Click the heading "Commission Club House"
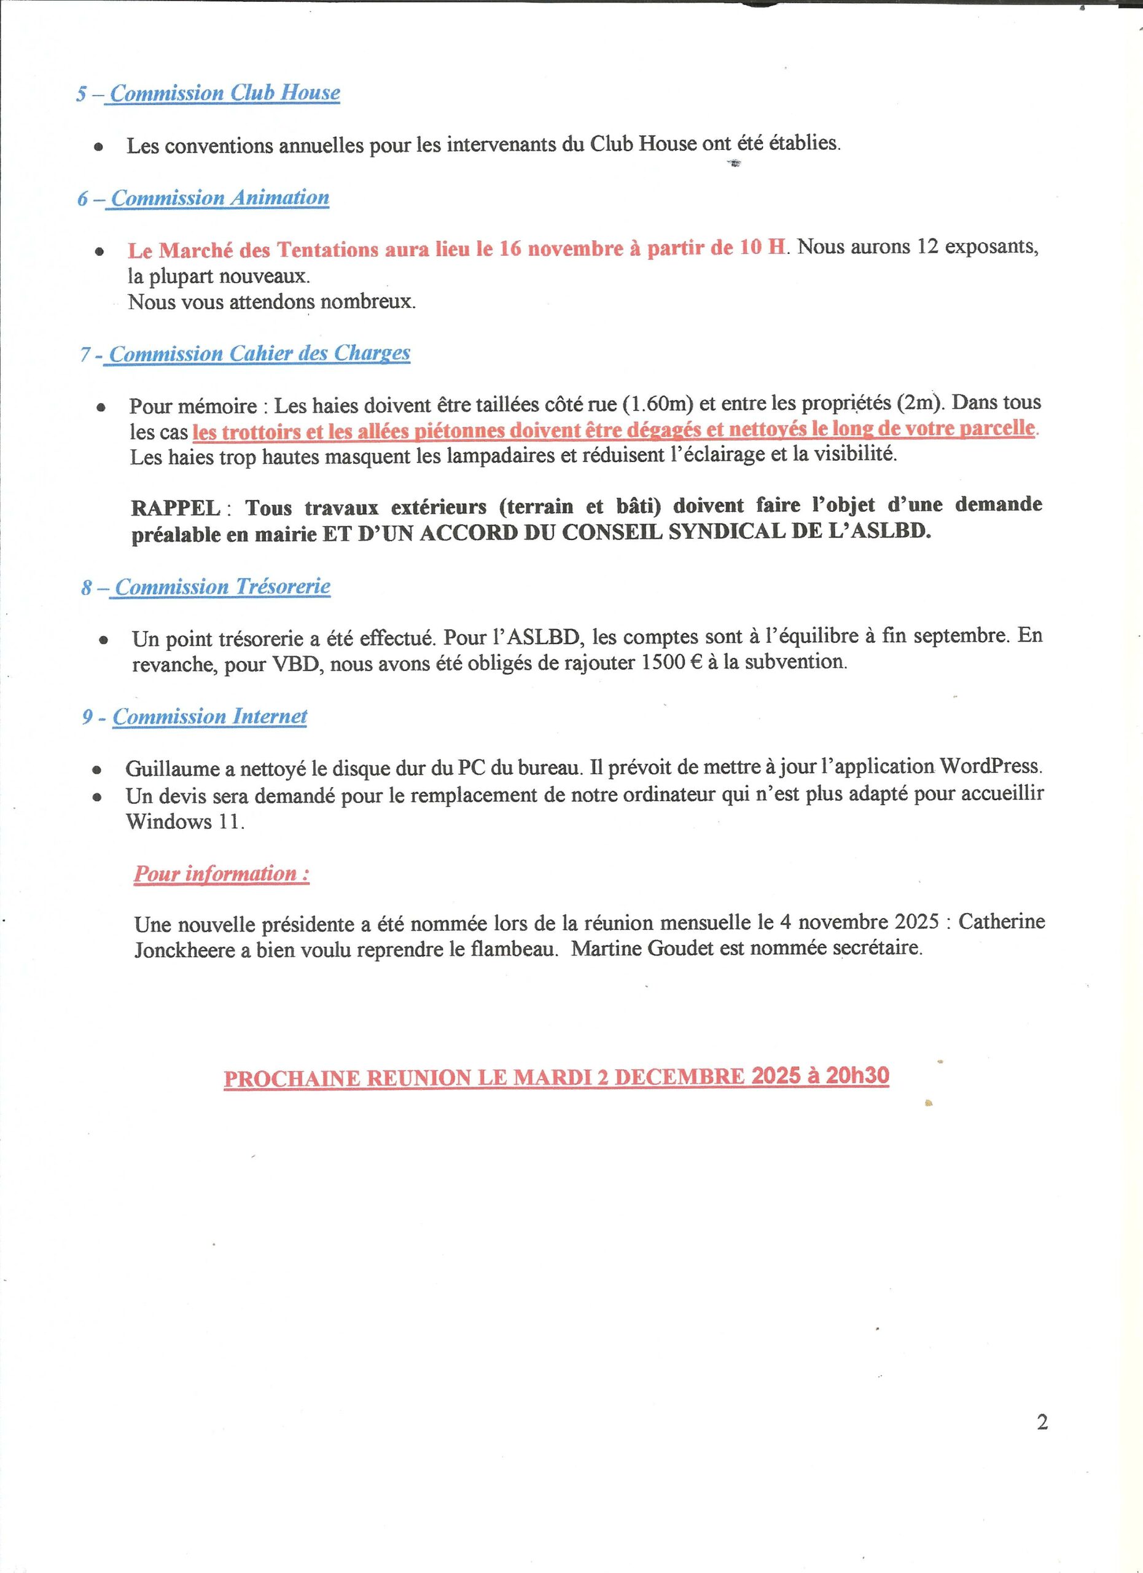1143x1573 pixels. (225, 93)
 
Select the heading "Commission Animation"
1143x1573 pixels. (220, 198)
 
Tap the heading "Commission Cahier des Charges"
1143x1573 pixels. (259, 354)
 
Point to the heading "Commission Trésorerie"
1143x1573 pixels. (222, 587)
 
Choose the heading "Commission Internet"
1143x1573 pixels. (209, 716)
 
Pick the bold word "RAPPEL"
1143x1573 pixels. (176, 508)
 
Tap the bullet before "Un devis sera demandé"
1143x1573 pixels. (98, 798)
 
